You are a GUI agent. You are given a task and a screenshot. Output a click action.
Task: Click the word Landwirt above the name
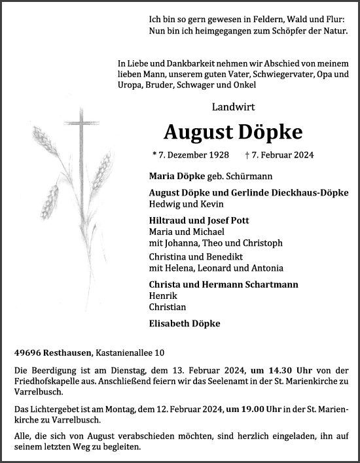[233, 107]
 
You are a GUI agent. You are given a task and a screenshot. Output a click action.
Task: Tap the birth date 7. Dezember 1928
[190, 155]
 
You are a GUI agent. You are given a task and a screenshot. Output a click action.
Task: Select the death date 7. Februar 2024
[279, 155]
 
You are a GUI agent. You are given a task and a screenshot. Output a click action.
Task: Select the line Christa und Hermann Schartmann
[223, 284]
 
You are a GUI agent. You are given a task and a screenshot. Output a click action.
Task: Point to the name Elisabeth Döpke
[185, 323]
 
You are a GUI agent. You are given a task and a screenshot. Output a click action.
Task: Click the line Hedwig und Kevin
[177, 204]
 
